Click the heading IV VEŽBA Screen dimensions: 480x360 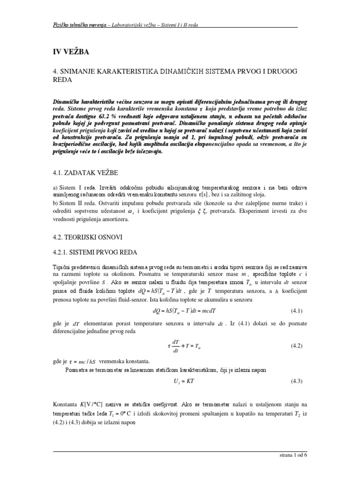(x=69, y=51)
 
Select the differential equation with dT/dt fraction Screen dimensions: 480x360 (x=184, y=346)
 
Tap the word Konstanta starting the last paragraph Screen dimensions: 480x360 (x=65, y=404)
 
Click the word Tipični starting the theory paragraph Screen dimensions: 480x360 (x=61, y=266)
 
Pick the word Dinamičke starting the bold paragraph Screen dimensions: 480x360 (x=67, y=101)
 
